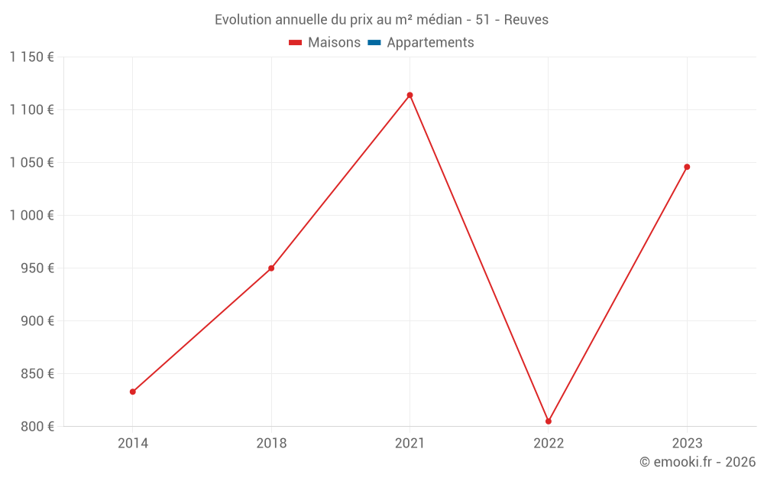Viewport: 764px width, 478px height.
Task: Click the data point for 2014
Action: [x=133, y=392]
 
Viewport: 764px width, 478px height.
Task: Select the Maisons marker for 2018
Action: [x=271, y=268]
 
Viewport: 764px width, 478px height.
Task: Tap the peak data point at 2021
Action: [x=410, y=95]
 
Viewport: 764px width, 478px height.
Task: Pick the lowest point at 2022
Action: [x=549, y=421]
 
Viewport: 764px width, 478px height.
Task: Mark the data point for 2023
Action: [x=687, y=167]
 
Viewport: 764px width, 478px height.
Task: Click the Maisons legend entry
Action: [x=325, y=43]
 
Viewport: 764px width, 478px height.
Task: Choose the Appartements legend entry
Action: [x=421, y=43]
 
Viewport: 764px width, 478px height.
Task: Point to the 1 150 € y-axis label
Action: [x=32, y=57]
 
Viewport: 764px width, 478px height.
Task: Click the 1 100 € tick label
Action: [x=32, y=110]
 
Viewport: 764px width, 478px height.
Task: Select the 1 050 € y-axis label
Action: [x=32, y=163]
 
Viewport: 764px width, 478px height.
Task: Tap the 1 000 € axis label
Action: [x=32, y=216]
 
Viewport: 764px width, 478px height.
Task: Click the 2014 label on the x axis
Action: [x=133, y=444]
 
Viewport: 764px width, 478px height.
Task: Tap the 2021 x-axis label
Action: [x=410, y=444]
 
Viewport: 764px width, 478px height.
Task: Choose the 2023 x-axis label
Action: [x=687, y=444]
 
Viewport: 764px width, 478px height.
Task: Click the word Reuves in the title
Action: [x=526, y=20]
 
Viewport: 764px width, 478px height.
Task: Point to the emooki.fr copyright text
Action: [x=698, y=462]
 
